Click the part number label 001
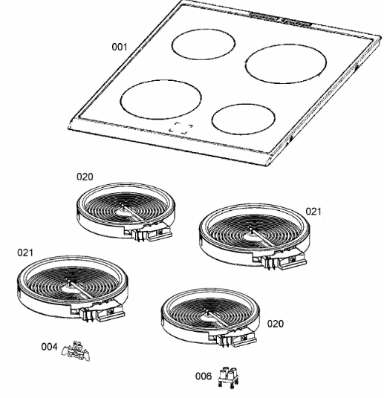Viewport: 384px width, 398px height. [x=120, y=47]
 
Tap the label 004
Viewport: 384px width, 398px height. [x=49, y=347]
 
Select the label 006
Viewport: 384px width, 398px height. [x=204, y=376]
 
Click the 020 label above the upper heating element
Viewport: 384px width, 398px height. [x=85, y=177]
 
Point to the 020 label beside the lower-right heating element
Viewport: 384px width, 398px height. [x=276, y=324]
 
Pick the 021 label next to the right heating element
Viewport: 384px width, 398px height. [x=313, y=211]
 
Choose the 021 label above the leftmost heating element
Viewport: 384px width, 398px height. [x=25, y=252]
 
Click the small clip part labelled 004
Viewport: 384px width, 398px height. [x=76, y=351]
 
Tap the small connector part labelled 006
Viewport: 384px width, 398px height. [x=228, y=377]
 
